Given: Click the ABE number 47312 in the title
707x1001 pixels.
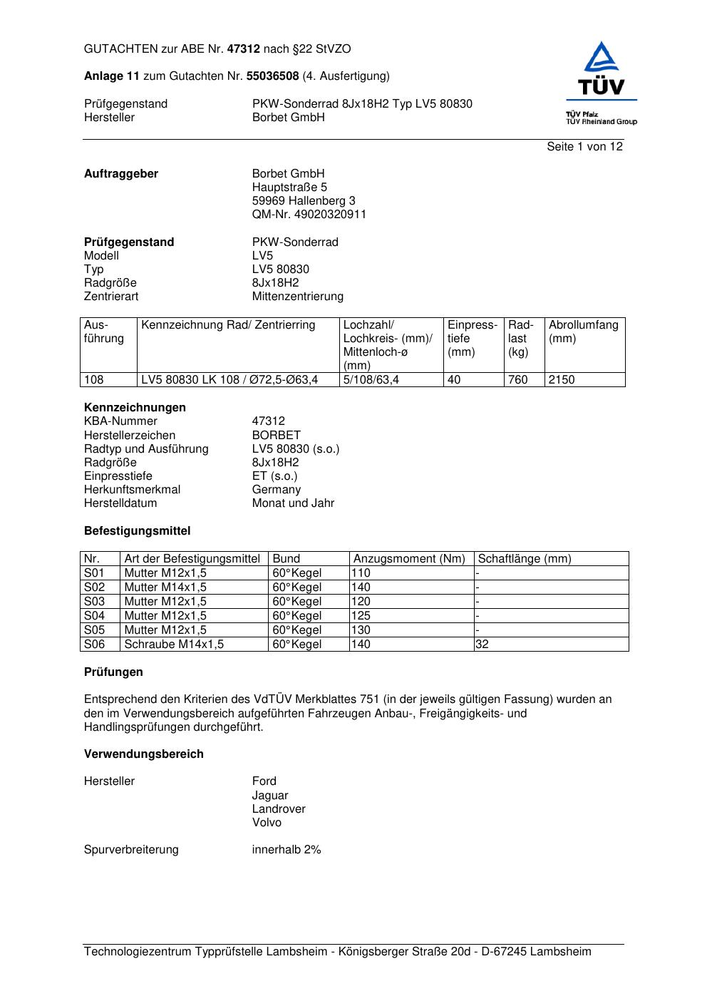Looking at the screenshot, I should tap(244, 49).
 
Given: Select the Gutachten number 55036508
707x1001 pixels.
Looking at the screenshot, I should tap(272, 76).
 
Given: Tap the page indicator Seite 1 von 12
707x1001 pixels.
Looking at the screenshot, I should tap(584, 147).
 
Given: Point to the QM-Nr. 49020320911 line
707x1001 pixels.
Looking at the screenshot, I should tap(309, 215).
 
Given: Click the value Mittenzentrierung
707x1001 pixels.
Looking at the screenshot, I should tap(297, 297).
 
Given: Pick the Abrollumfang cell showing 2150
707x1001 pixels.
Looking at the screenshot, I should tap(562, 380).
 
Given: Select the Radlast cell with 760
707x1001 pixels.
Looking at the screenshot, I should tap(518, 380).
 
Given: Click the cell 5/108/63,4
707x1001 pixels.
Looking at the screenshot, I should tap(371, 380).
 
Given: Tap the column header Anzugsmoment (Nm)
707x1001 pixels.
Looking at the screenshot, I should tap(409, 559).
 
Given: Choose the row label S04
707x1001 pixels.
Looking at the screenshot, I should tap(94, 616).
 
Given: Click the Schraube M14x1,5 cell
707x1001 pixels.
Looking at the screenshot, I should tap(174, 645).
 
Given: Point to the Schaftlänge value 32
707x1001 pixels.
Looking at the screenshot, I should tap(482, 645).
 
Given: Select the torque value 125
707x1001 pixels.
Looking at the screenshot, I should tap(361, 616).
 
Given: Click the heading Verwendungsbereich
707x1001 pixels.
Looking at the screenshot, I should tap(143, 754).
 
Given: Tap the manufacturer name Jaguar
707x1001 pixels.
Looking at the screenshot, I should tap(270, 796).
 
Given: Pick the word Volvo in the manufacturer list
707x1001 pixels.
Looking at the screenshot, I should tap(267, 823).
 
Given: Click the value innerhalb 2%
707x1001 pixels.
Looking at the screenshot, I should tap(287, 850).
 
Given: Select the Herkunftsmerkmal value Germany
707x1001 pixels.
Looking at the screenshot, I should tap(277, 490).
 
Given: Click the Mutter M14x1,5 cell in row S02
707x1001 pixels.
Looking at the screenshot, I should tap(165, 587).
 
